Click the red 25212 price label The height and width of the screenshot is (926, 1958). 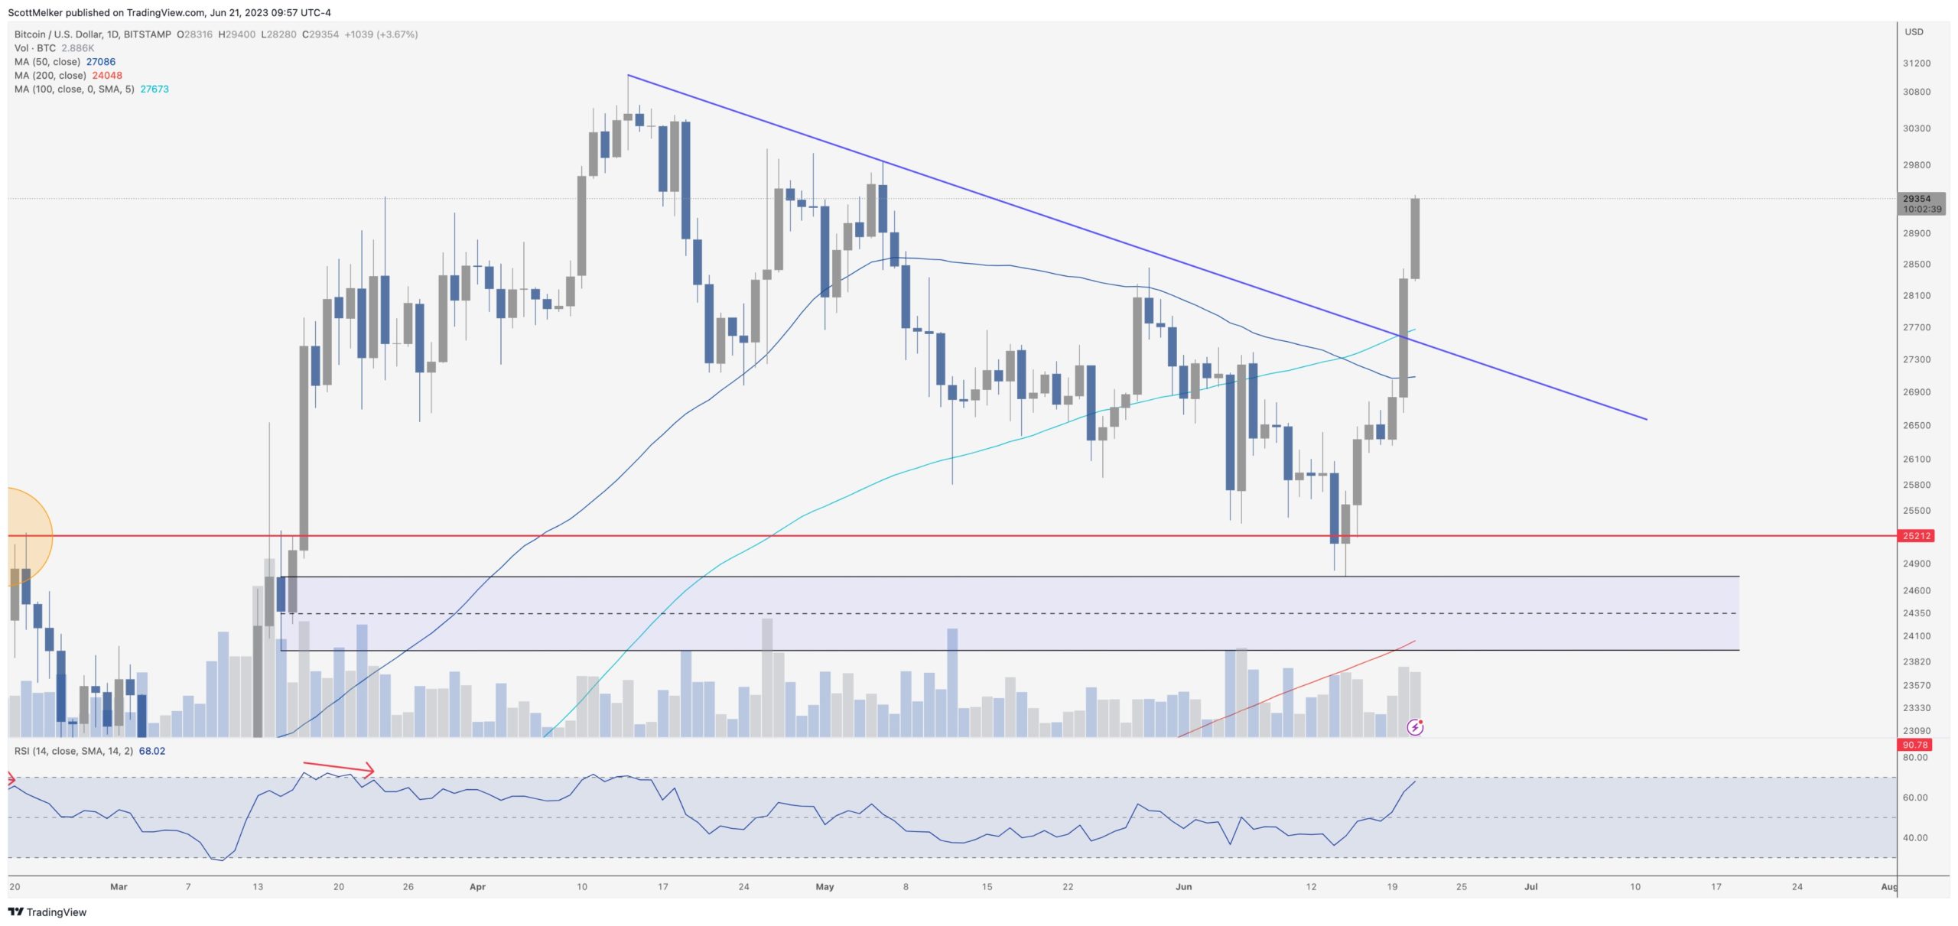pos(1917,536)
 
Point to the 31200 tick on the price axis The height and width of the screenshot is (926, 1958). pos(1917,63)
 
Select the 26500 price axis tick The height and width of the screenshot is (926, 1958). pos(1917,425)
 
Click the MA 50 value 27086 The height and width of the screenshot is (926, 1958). pos(100,62)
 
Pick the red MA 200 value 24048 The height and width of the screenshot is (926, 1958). pos(107,76)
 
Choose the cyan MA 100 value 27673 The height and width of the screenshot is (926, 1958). pos(154,89)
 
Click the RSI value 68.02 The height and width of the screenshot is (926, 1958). pos(151,751)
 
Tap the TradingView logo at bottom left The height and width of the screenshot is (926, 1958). pos(47,912)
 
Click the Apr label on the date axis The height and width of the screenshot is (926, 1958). pos(477,887)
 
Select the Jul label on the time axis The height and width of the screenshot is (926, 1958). pos(1530,887)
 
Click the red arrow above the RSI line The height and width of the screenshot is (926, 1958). pos(338,768)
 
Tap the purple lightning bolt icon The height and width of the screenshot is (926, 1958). pos(1415,727)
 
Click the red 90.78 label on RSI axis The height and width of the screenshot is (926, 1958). pos(1915,745)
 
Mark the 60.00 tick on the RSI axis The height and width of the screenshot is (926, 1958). pos(1915,798)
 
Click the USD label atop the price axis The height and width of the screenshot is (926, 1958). pos(1914,32)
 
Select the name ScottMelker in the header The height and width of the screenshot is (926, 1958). pos(35,13)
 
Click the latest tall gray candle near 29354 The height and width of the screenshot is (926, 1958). pos(1416,239)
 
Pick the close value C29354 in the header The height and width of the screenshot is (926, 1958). pos(320,34)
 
